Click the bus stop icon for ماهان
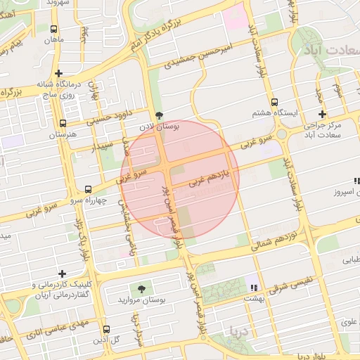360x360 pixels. tap(54, 29)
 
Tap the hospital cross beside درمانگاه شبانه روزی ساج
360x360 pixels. tap(59, 73)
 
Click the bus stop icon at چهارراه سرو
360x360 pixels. tap(88, 189)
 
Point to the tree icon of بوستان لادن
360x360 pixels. tap(159, 115)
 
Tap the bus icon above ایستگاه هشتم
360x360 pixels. tap(274, 102)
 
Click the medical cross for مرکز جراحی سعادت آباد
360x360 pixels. tap(322, 114)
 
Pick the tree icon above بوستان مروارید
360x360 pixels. tap(143, 289)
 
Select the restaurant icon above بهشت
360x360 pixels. tap(253, 287)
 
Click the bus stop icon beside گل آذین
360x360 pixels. tap(106, 329)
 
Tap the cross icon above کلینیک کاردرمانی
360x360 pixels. tap(63, 274)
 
